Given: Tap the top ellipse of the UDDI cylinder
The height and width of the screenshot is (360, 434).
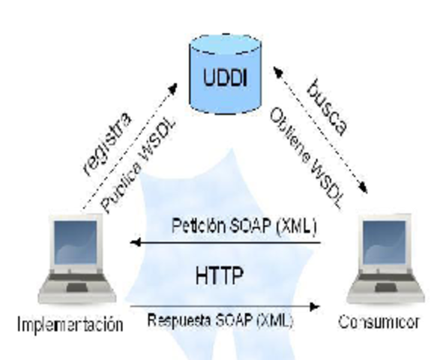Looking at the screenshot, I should pyautogui.click(x=218, y=35).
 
